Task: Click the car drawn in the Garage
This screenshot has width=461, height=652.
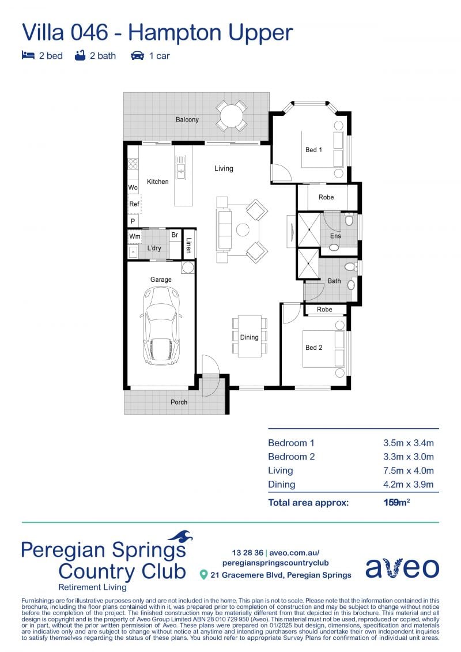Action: click(x=161, y=326)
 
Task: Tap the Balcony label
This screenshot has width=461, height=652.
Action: click(x=187, y=120)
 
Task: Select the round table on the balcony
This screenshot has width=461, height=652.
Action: click(x=232, y=115)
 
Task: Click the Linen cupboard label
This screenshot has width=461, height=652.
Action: click(x=188, y=246)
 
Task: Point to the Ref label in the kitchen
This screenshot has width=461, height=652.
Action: click(x=134, y=203)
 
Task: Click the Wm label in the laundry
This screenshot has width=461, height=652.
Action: click(x=135, y=236)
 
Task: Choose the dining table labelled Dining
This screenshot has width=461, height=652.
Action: click(x=250, y=336)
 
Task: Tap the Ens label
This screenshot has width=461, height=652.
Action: click(x=335, y=236)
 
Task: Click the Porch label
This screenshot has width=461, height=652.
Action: click(x=179, y=402)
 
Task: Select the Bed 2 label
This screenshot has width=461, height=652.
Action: click(x=314, y=348)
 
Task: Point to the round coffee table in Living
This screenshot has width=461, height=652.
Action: click(x=243, y=229)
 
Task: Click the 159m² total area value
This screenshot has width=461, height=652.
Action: click(x=396, y=502)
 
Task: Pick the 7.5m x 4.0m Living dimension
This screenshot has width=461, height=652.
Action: click(x=408, y=470)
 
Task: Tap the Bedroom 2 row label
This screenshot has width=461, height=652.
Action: click(x=292, y=457)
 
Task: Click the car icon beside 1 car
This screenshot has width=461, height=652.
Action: click(x=137, y=56)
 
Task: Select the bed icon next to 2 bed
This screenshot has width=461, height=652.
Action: click(x=28, y=55)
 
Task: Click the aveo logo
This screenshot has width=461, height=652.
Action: click(x=402, y=568)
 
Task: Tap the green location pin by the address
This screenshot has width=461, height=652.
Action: click(x=203, y=575)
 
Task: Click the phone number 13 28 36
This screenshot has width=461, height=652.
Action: click(x=247, y=553)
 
